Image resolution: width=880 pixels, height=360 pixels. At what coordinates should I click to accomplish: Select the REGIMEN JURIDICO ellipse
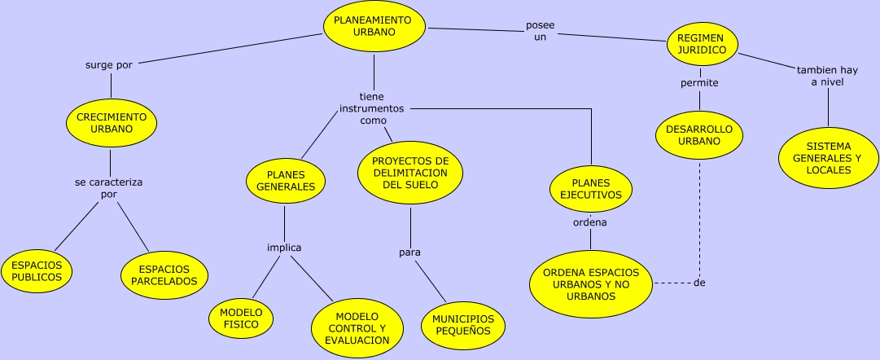coord(701,44)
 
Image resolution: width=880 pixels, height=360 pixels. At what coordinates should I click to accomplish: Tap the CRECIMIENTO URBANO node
coord(111,123)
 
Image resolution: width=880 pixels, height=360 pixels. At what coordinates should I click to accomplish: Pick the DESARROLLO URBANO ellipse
coord(698,134)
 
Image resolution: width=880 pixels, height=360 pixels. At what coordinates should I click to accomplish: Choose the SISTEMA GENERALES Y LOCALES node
coord(830,158)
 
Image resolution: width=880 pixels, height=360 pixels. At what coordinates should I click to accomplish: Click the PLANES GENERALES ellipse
coord(285,180)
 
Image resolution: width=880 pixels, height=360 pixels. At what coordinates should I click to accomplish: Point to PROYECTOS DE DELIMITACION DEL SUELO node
coord(410,173)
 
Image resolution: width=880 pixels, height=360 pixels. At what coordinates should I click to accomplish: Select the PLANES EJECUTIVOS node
coord(591,189)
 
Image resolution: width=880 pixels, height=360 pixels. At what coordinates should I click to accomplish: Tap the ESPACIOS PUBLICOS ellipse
coord(37,270)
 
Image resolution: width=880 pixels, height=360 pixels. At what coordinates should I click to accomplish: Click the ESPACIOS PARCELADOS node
coord(164,274)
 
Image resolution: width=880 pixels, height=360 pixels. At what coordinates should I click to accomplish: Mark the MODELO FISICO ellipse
coord(241,318)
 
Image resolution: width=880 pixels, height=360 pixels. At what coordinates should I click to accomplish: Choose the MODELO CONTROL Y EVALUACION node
coord(357,328)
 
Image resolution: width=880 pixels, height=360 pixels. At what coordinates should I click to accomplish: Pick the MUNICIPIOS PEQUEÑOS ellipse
coord(463,324)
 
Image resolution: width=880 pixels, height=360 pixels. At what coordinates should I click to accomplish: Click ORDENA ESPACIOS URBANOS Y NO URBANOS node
coord(591,283)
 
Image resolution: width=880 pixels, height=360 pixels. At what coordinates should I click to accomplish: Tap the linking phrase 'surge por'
coord(108,66)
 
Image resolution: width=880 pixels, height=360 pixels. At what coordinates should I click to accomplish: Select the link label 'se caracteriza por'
coord(108,188)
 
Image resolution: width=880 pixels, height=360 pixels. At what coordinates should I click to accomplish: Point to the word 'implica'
coord(284,248)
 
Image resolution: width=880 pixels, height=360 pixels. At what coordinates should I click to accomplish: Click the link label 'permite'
coord(699,82)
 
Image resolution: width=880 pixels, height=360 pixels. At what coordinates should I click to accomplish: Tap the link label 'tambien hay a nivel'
coord(827,76)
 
